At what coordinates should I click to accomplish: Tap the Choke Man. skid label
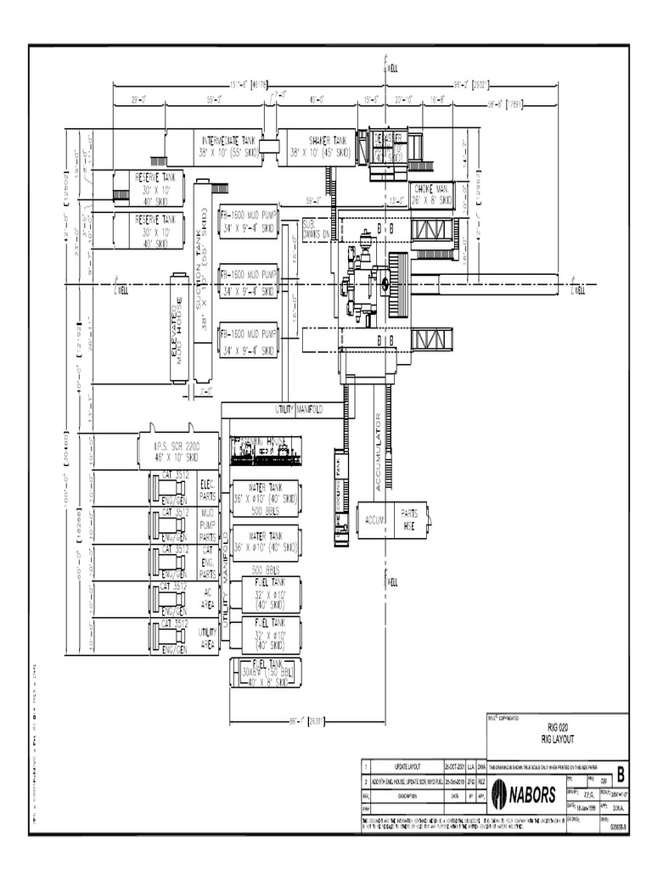432,195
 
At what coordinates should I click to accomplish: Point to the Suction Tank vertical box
202,280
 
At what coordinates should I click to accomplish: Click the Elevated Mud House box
179,327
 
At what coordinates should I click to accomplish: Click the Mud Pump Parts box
207,524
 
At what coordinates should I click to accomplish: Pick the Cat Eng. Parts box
207,561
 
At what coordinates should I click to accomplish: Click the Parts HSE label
410,519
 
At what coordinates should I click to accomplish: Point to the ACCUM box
374,519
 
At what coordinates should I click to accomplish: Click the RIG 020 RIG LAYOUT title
557,732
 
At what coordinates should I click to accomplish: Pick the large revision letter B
621,774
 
